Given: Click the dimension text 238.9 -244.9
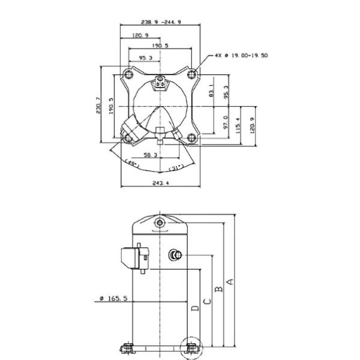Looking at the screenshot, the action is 161,22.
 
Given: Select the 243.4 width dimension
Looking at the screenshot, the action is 161,183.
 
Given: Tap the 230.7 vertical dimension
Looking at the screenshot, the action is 98,105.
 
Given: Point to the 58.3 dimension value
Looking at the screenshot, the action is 151,155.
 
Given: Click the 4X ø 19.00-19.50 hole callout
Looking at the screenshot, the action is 241,55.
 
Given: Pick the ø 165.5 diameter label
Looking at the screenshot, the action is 113,298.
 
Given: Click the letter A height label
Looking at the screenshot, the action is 230,282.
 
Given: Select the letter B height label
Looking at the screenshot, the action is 219,289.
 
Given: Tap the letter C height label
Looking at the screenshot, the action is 208,301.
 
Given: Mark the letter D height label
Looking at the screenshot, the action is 195,308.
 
